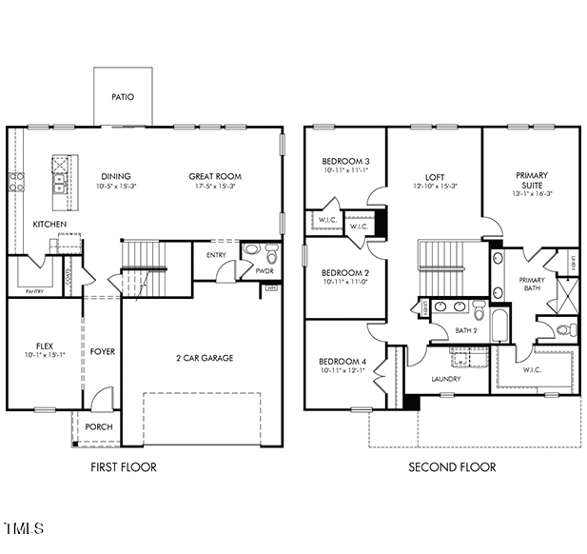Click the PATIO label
tap(123, 97)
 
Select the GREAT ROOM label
tap(214, 176)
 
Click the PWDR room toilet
tap(271, 254)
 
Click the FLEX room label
tap(46, 345)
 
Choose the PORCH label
tap(99, 427)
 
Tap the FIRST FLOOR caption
tap(123, 467)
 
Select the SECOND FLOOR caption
tap(452, 467)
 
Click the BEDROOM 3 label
tap(345, 161)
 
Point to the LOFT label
tap(435, 176)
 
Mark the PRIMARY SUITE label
tap(531, 181)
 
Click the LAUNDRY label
tap(446, 379)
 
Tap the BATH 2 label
tap(466, 330)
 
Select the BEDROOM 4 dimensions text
tap(342, 371)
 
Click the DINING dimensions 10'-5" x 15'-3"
tap(115, 187)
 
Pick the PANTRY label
tap(34, 292)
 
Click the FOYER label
tap(103, 352)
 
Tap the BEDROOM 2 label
tap(345, 272)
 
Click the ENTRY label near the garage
tap(217, 254)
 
